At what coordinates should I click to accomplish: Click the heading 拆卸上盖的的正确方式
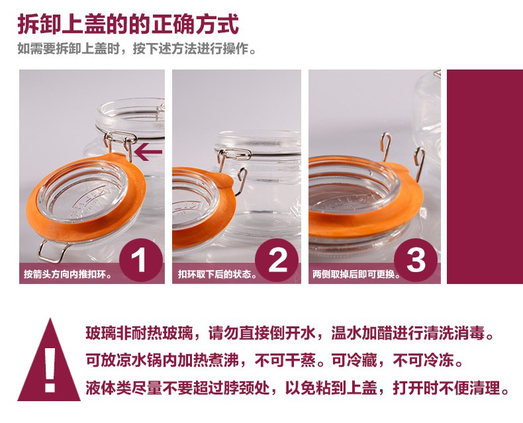[128, 24]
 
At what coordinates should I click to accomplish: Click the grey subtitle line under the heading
[137, 49]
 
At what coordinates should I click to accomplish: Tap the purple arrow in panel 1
[148, 152]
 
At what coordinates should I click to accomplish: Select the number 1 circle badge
[142, 260]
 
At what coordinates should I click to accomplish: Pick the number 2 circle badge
[277, 260]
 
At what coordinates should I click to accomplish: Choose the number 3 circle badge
[416, 260]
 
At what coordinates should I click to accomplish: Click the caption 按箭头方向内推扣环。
[68, 274]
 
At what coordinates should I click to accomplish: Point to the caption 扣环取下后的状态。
[218, 274]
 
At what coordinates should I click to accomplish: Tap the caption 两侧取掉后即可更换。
[357, 274]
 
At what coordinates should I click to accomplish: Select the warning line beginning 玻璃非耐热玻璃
[290, 333]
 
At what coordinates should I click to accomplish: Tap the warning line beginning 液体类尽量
[297, 388]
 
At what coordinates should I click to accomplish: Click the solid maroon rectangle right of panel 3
[485, 177]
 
